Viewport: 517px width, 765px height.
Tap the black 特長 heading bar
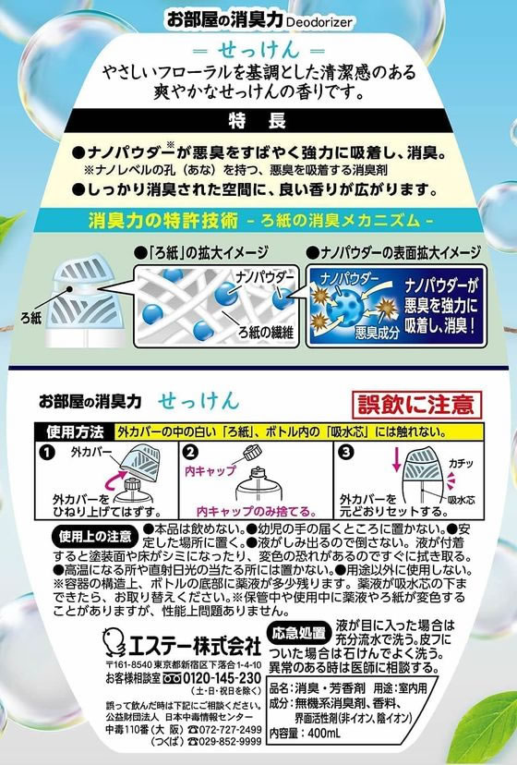(x=257, y=121)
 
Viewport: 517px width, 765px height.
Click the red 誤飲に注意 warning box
(x=418, y=404)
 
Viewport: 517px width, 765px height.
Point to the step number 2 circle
(x=190, y=452)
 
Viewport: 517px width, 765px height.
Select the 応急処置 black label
(x=296, y=632)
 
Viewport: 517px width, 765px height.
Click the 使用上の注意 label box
(x=70, y=535)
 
